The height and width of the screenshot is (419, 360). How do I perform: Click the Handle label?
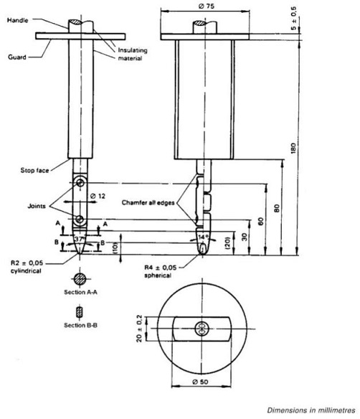coord(18,20)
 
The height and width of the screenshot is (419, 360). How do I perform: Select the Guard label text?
coord(17,57)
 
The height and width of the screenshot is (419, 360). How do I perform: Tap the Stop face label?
coord(34,171)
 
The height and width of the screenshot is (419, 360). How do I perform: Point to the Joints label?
coord(37,206)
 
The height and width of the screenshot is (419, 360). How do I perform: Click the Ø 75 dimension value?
coord(207,6)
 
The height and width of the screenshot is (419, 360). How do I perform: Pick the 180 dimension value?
coord(293,149)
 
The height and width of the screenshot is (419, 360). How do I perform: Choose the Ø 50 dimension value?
coord(200,382)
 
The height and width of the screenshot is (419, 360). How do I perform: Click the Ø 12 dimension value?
coord(98,196)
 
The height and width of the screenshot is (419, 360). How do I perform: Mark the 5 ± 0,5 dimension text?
coord(293,19)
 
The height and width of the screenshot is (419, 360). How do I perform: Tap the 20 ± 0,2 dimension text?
coord(139,329)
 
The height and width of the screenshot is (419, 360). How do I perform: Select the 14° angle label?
coord(204,237)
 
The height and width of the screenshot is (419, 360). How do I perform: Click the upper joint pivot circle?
coord(80,183)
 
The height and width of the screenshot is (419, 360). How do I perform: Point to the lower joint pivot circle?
coord(80,220)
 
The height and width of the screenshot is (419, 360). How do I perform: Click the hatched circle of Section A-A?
coord(80,279)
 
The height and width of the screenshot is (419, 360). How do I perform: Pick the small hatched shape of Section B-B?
coord(79,312)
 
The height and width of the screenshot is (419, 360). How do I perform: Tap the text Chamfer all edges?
coord(148,203)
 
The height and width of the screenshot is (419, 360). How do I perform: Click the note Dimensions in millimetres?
coord(311,410)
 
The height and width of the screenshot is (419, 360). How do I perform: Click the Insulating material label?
coord(133,55)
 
